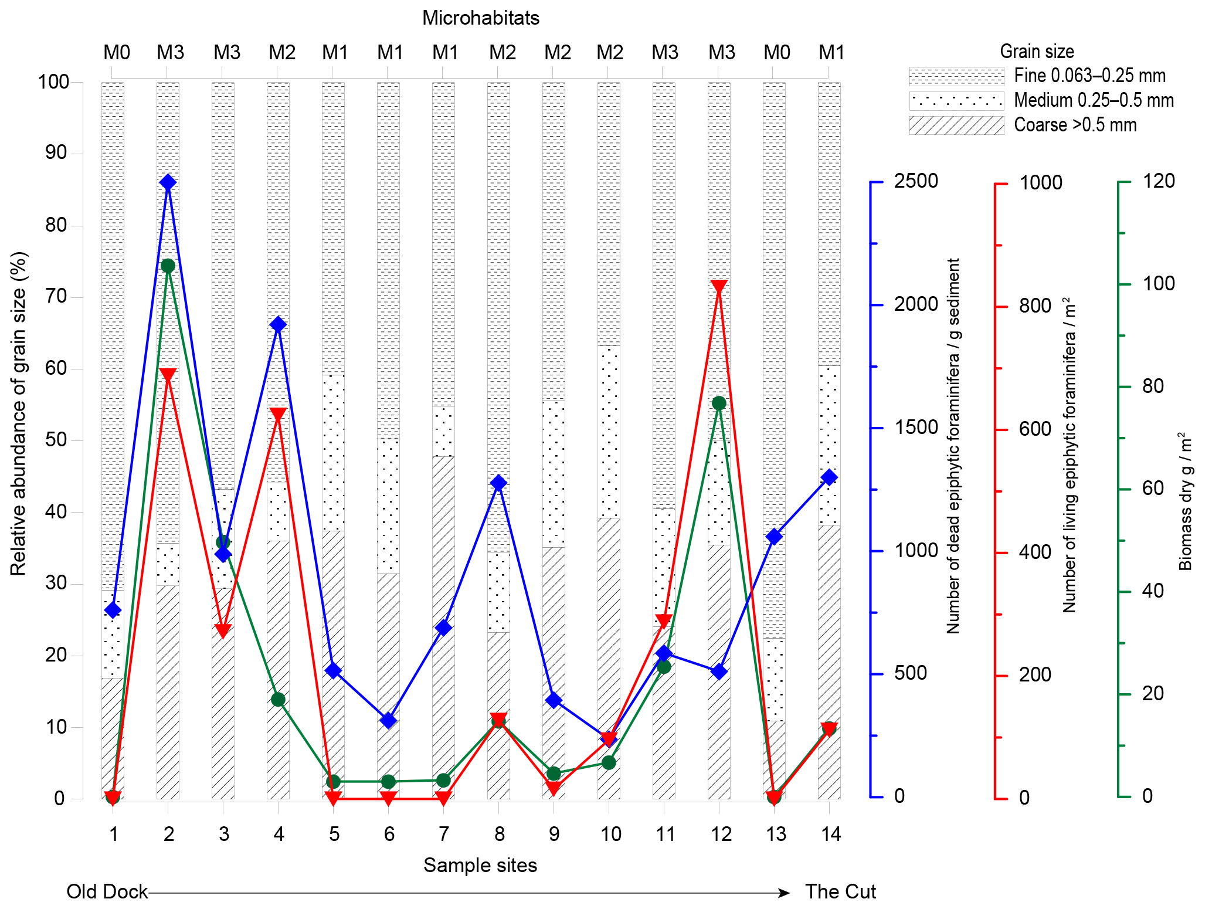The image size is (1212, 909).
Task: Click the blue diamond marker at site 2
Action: coord(168,182)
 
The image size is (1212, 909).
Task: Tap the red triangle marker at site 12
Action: coord(719,287)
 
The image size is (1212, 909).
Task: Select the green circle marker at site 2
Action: coord(168,266)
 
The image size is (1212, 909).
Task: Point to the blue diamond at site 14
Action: coord(829,477)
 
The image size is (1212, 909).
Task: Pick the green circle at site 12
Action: coord(719,403)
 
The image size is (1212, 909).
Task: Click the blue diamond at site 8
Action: coord(499,483)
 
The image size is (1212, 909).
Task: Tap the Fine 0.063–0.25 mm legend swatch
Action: coord(956,76)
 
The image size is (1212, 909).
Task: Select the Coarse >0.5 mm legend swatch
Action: coord(956,126)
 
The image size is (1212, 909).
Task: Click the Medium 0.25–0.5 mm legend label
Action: coord(1094,101)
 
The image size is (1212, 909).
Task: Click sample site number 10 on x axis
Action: coord(610,834)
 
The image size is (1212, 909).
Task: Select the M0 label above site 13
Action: coord(776,53)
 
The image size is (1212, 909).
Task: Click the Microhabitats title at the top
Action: coord(480,18)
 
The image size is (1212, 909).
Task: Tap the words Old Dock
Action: coord(107,891)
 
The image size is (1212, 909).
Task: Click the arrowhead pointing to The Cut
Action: coord(784,893)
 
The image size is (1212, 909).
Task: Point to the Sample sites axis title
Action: coord(480,866)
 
